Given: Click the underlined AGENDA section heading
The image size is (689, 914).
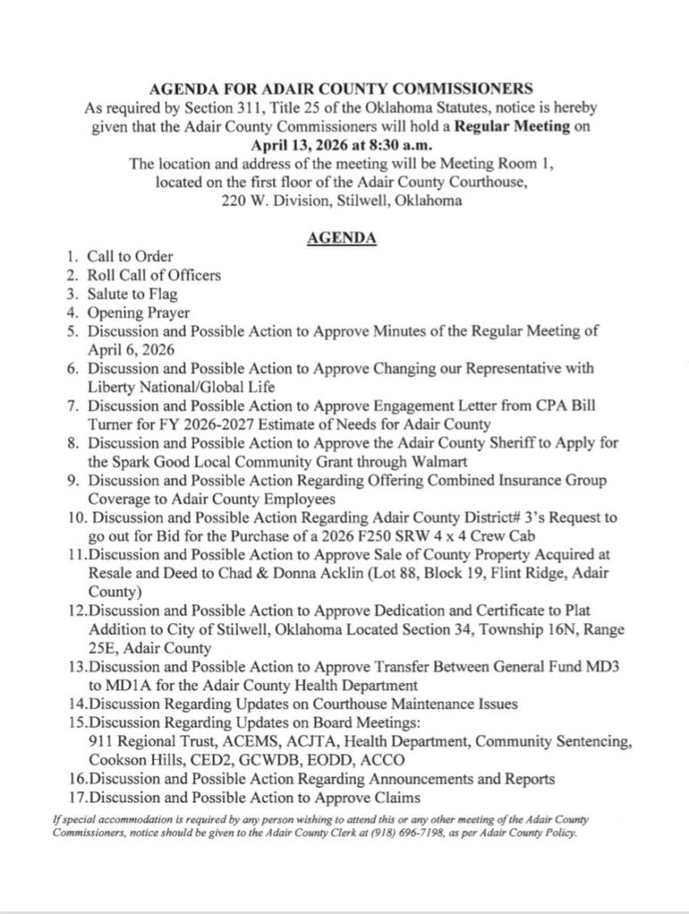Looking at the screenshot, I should [x=343, y=238].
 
